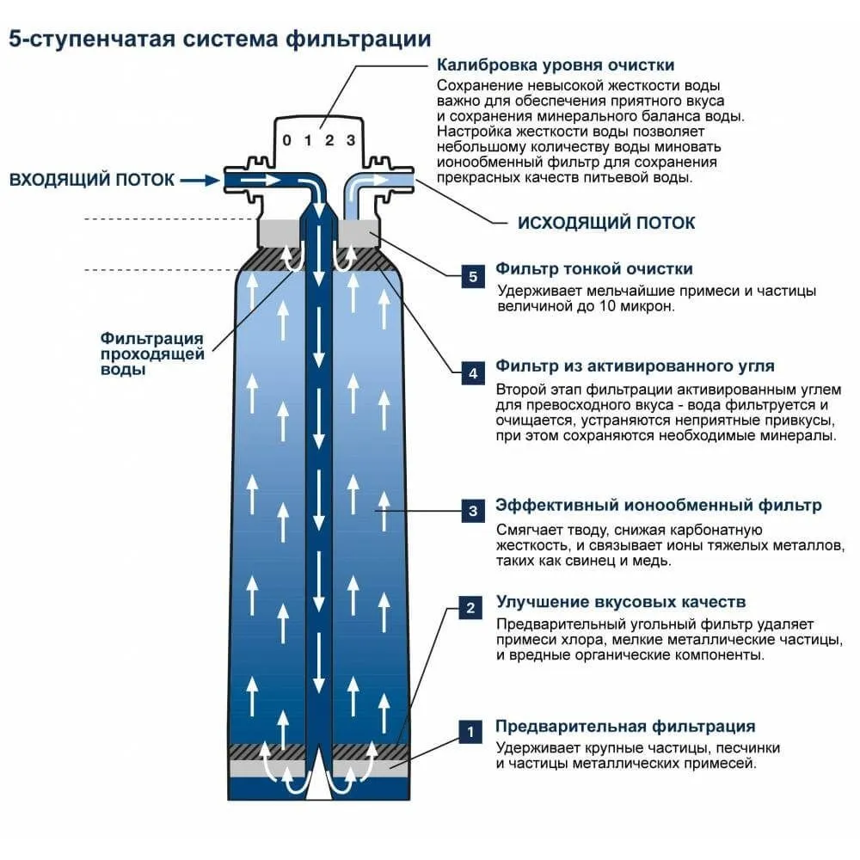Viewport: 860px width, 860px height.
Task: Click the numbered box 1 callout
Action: pyautogui.click(x=470, y=732)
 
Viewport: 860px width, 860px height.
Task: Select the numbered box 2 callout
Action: pyautogui.click(x=470, y=608)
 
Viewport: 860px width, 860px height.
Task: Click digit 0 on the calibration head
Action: pyautogui.click(x=287, y=141)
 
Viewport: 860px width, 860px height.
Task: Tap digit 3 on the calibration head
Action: pyautogui.click(x=350, y=141)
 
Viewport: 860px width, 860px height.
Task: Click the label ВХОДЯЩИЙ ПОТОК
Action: pyautogui.click(x=92, y=180)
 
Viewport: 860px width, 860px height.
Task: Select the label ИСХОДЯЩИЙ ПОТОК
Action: pyautogui.click(x=605, y=223)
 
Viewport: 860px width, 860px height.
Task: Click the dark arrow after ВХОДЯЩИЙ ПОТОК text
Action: pyautogui.click(x=200, y=180)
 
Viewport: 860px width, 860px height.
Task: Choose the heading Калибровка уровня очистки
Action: pyautogui.click(x=555, y=65)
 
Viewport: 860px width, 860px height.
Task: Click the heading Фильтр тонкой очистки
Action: pyautogui.click(x=593, y=269)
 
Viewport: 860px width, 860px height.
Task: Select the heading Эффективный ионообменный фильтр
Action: pyautogui.click(x=658, y=505)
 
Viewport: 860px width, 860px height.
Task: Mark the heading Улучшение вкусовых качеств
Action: pyautogui.click(x=620, y=601)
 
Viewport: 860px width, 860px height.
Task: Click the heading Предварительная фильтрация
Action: pyautogui.click(x=625, y=726)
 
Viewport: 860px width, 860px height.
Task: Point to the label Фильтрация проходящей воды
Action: pyautogui.click(x=151, y=353)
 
